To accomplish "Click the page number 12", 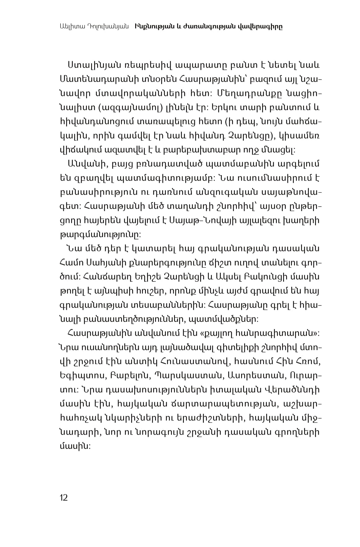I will (64, 498).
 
